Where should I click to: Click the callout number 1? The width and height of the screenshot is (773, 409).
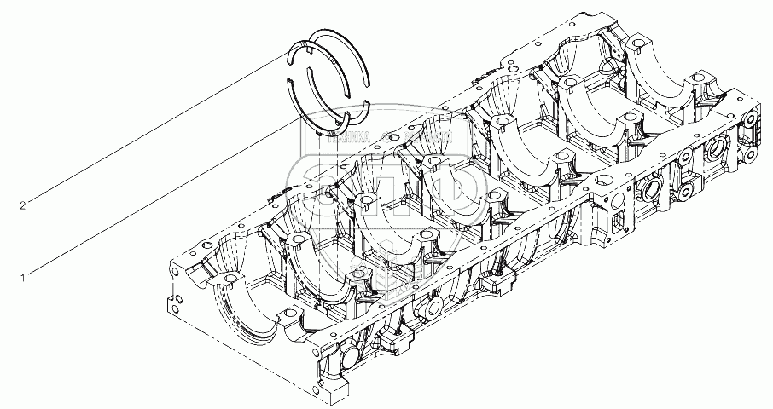click(23, 276)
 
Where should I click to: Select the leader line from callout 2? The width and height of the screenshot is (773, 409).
click(154, 131)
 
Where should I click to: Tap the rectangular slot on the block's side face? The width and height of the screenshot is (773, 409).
click(617, 228)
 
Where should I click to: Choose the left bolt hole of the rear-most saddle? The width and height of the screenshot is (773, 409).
click(638, 41)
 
